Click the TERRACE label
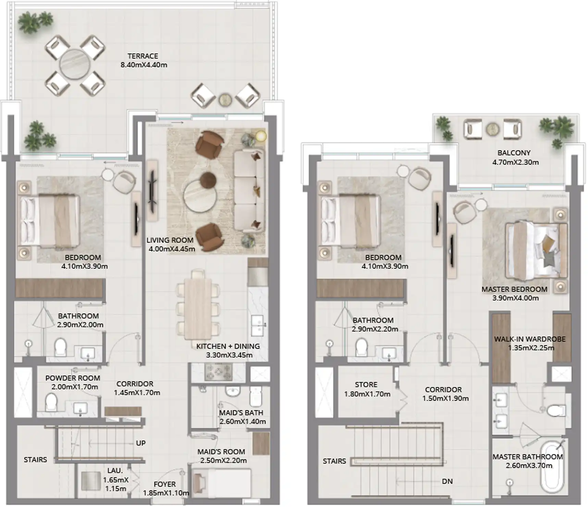click(x=143, y=56)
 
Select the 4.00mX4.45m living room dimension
click(x=172, y=249)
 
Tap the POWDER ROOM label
click(x=73, y=378)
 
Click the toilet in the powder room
click(x=51, y=402)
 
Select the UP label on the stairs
click(x=141, y=443)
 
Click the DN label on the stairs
click(x=447, y=481)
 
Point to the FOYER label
click(x=164, y=484)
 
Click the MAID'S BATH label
click(x=241, y=413)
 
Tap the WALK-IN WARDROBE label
click(x=530, y=339)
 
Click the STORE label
click(x=366, y=385)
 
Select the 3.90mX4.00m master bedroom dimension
click(x=515, y=298)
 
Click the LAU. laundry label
click(x=115, y=471)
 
